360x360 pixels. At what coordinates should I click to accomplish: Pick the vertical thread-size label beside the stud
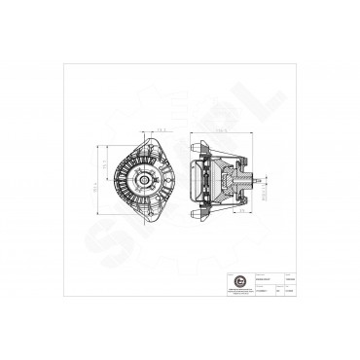pos(266,191)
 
